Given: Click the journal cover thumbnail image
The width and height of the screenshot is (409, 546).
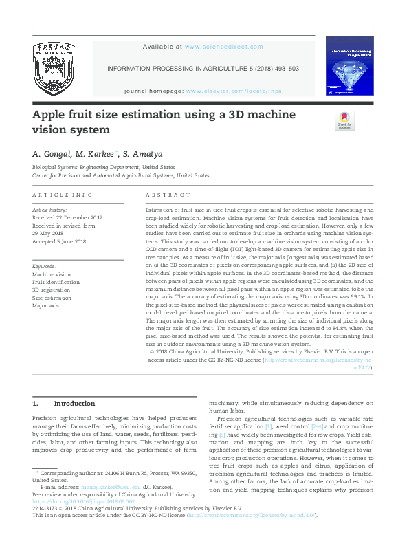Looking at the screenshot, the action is click(350, 66).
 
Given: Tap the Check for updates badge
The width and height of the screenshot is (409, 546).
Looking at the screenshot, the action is click(344, 121).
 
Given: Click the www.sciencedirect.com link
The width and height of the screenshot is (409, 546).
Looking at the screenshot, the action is click(224, 47).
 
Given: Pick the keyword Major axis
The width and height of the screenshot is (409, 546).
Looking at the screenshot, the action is click(46, 305).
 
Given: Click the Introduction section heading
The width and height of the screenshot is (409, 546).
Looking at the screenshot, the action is click(74, 404).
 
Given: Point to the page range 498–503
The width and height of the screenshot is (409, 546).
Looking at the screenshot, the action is click(284, 69).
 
